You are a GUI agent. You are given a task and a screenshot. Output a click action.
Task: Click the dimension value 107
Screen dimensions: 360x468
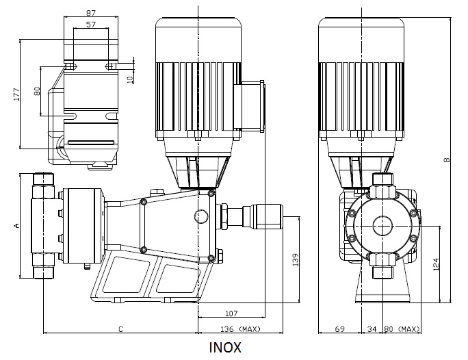click(x=230, y=314)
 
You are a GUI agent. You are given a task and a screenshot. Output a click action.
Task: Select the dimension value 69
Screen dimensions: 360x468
click(x=340, y=329)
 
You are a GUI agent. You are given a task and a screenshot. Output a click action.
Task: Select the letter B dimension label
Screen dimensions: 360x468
click(x=447, y=162)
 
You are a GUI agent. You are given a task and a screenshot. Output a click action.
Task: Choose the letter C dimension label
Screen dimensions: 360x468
click(x=120, y=329)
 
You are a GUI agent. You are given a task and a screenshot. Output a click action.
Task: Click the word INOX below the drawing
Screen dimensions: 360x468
click(x=225, y=347)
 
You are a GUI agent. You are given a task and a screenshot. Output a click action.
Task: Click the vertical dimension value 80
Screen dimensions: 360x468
click(x=37, y=90)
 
